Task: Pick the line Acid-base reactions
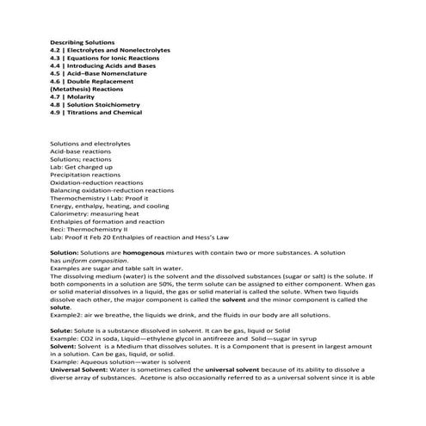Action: (x=80, y=151)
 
